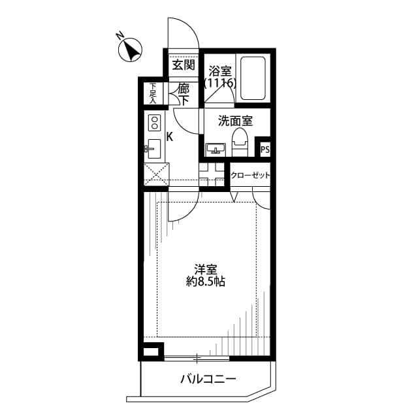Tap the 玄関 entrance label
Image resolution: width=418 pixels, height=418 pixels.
[x=184, y=65]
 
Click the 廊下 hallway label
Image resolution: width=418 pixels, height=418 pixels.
[x=184, y=95]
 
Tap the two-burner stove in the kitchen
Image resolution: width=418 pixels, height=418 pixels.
[x=155, y=123]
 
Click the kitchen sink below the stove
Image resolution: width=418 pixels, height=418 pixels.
[x=154, y=149]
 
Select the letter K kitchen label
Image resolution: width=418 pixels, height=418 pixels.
[x=169, y=137]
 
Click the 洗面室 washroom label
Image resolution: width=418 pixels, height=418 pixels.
[x=235, y=121]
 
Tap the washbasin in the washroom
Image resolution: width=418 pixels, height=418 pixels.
[x=216, y=150]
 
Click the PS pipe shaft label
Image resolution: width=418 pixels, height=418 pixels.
[x=265, y=150]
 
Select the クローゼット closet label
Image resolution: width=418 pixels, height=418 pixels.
[x=251, y=176]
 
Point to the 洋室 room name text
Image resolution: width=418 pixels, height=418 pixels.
[x=206, y=269]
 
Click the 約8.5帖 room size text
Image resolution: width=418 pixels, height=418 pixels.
[x=206, y=282]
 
